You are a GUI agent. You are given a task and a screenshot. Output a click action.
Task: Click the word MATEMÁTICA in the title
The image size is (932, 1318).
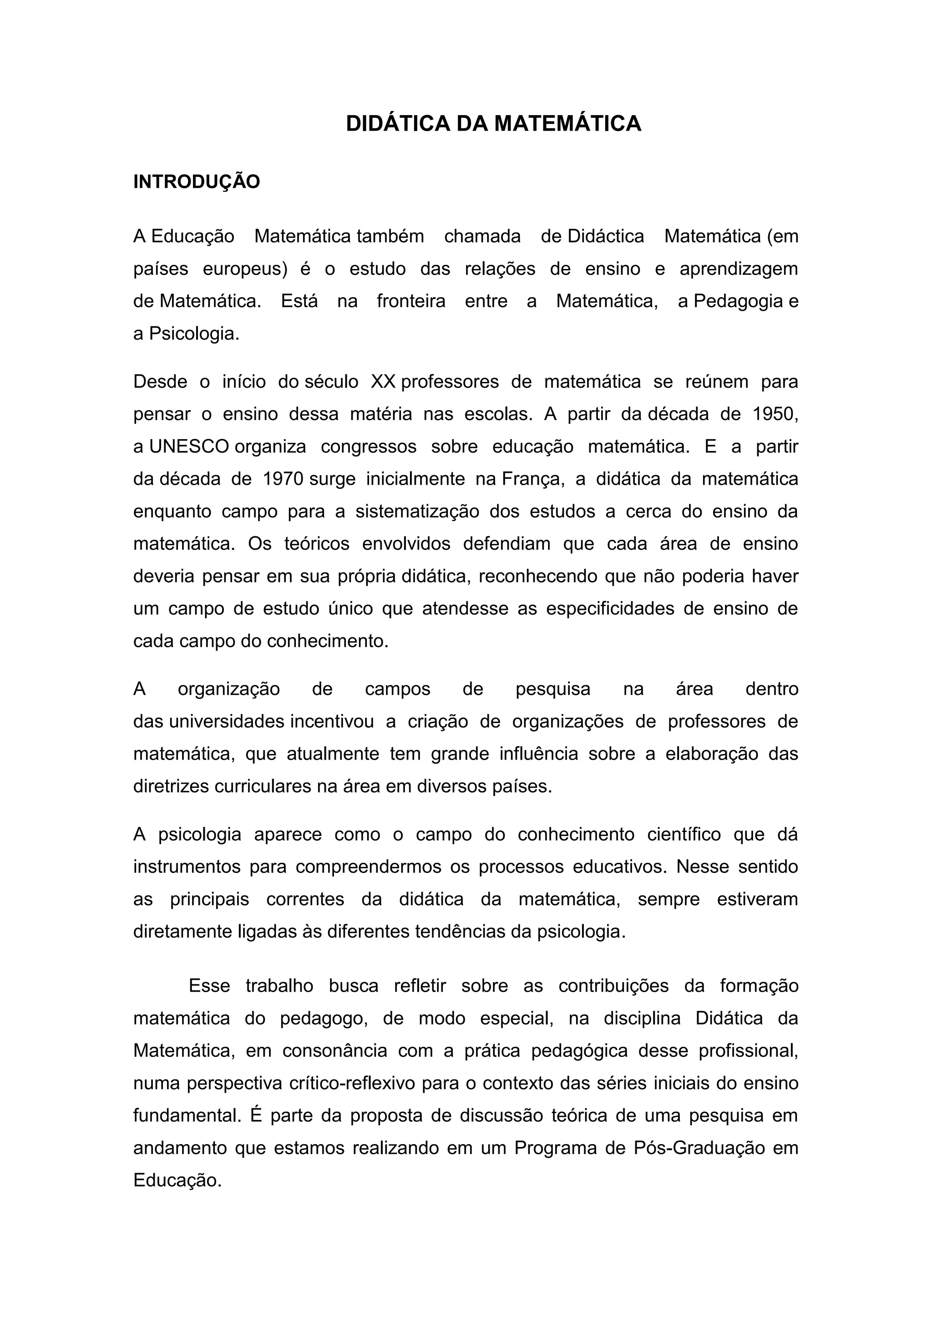tap(567, 124)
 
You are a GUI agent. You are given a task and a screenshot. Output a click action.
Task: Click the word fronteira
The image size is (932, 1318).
tap(411, 301)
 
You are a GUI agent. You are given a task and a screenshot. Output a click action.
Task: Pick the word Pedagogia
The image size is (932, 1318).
tap(738, 301)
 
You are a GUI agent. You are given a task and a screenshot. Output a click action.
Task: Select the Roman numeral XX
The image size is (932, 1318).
tap(383, 382)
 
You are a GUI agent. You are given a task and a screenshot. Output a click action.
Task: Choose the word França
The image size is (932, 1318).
tap(533, 479)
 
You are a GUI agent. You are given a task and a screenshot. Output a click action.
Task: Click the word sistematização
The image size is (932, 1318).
tap(417, 512)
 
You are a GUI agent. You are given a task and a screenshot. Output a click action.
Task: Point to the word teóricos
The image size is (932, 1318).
tap(317, 543)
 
